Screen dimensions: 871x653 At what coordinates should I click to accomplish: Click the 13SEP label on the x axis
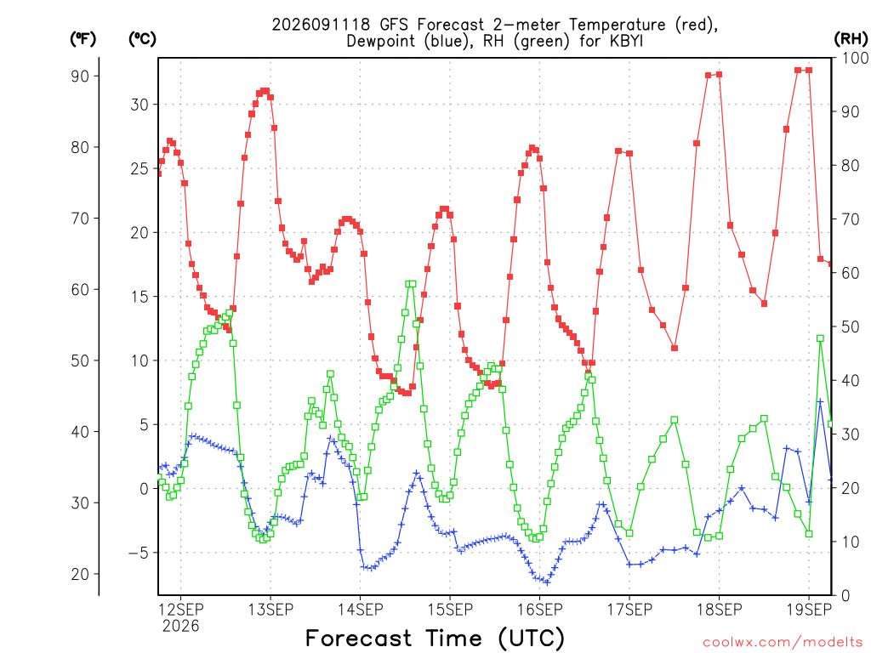270,610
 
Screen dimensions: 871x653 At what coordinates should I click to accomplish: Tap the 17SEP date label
629,610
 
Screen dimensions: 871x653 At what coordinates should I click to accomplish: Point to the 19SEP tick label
809,610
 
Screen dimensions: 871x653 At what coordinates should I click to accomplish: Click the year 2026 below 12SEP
180,627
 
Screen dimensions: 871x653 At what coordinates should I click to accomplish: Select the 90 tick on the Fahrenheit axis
80,76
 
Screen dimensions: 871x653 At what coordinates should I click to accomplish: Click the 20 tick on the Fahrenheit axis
80,574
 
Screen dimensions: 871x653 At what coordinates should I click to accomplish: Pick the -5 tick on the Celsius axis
139,553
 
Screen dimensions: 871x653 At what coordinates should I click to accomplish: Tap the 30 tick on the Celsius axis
139,105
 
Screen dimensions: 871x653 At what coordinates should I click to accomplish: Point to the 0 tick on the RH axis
846,596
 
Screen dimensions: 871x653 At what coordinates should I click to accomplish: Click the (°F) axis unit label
83,39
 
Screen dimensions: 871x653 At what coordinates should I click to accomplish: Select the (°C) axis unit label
142,39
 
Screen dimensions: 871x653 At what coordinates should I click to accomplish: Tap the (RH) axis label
851,39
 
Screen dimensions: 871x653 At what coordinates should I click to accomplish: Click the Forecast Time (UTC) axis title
435,639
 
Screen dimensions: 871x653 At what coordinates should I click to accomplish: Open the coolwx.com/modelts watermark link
783,643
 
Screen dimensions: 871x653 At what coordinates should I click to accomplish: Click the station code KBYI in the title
626,41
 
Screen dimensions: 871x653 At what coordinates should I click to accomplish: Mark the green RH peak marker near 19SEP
820,338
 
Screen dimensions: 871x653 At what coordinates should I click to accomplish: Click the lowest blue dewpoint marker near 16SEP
547,582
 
